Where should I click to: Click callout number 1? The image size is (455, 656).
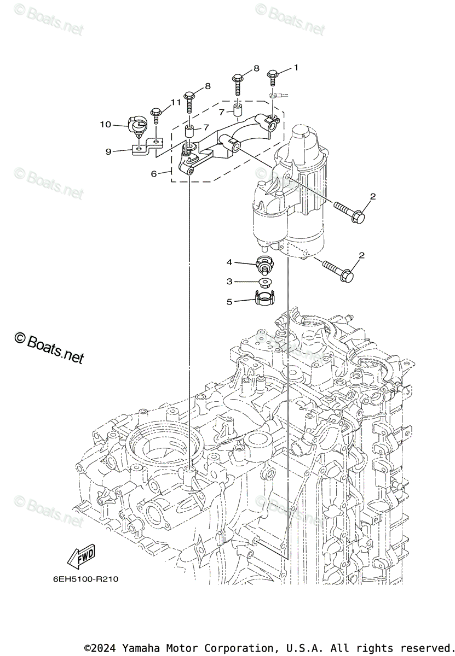tap(296, 68)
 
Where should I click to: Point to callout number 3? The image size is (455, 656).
tap(230, 281)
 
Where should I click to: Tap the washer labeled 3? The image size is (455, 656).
tap(264, 283)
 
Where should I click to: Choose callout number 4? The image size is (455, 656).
tap(230, 262)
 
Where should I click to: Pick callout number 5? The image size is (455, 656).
tap(230, 300)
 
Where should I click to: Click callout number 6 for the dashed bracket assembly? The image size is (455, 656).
tap(154, 173)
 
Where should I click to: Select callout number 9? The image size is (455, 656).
tap(108, 151)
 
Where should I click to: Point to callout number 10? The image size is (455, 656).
tap(105, 125)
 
